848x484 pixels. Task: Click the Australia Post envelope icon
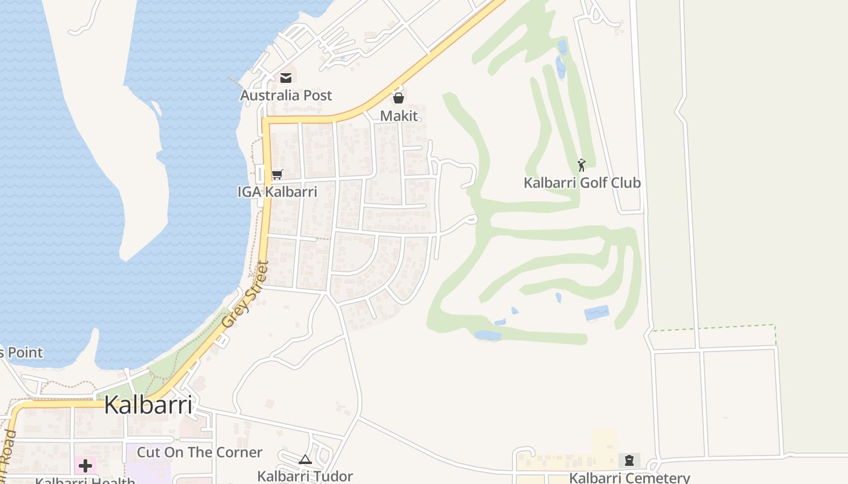coord(286,77)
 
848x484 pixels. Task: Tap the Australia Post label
coord(286,95)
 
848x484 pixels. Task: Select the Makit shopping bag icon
coord(399,97)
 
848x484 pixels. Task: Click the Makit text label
coord(399,115)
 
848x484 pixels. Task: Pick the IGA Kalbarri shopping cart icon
coord(277,174)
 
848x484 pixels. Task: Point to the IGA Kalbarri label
coord(277,192)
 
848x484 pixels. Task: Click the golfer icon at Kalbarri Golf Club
coord(581,164)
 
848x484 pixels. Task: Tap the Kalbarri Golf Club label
coord(582,182)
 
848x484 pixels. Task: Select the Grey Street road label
coord(245,295)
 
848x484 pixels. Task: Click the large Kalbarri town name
coord(148,405)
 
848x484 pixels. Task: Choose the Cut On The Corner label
coord(199,452)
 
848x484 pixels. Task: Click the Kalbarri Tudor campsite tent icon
coord(305,459)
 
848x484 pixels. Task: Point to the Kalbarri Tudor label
coord(305,476)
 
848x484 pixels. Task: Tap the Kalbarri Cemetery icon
coord(629,460)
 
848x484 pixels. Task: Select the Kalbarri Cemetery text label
coord(629,477)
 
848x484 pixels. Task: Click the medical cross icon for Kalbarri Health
coord(85,466)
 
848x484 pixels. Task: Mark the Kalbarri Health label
coord(85,480)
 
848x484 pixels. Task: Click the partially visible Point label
coord(22,352)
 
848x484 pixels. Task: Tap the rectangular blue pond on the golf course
coord(597,313)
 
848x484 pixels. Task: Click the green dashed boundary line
coord(715,327)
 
